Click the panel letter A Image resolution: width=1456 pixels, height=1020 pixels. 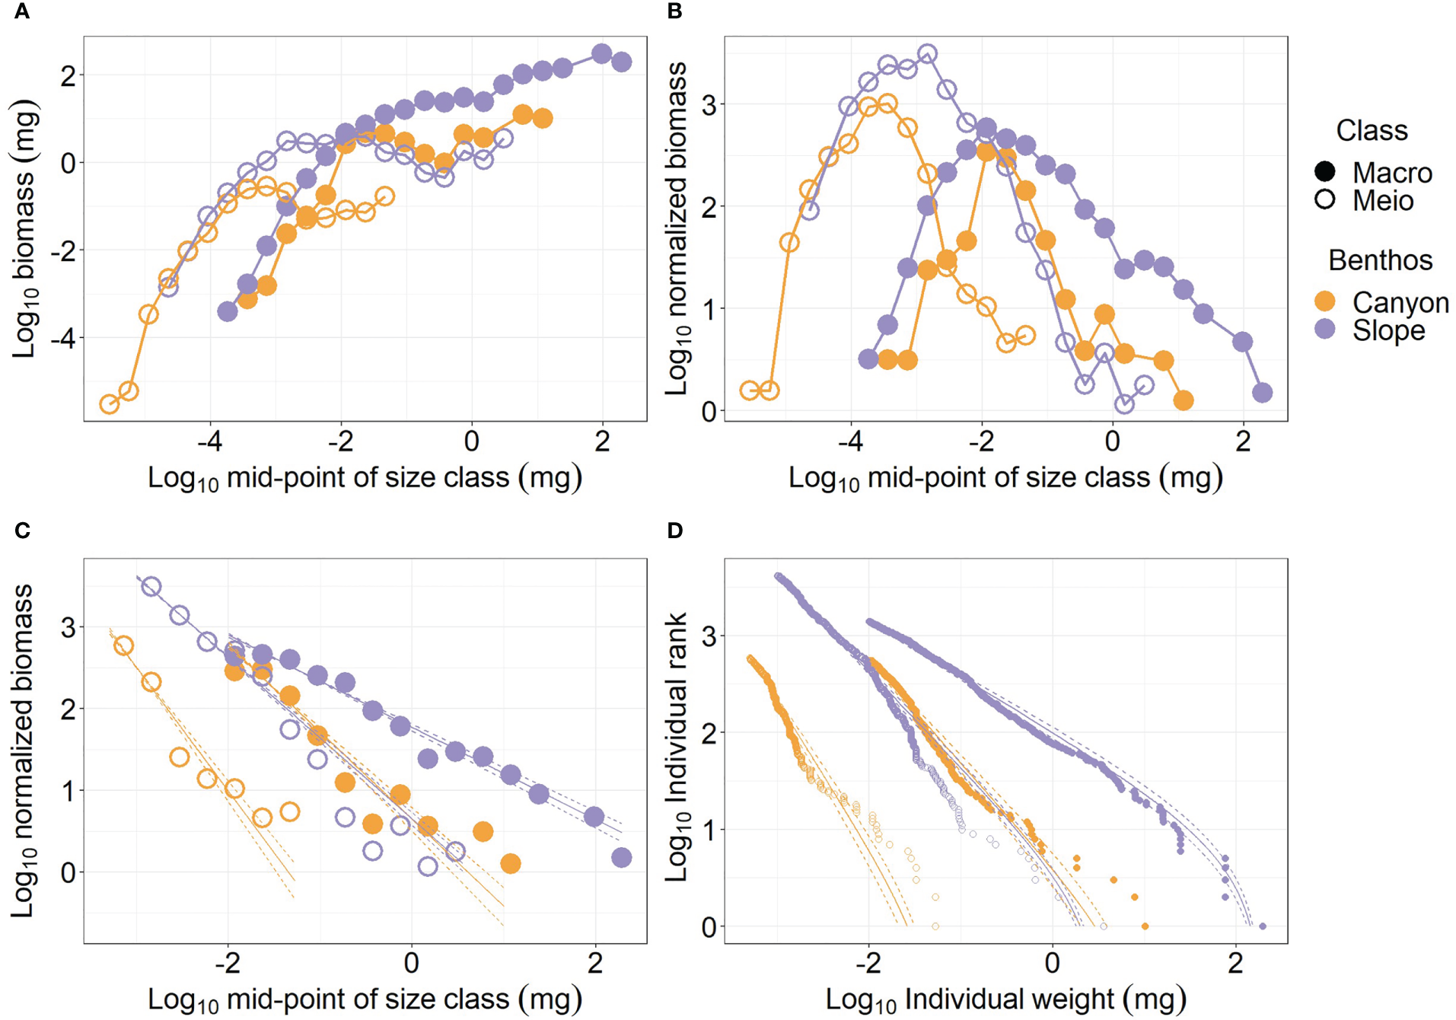coord(22,11)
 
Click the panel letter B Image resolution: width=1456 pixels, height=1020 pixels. coord(674,11)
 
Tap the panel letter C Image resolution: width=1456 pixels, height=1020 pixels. coord(22,531)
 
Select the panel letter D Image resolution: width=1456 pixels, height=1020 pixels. coord(675,531)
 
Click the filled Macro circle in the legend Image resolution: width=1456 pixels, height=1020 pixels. coord(1325,172)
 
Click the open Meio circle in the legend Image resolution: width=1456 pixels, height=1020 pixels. coord(1325,200)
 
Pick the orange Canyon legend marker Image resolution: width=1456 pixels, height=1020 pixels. coord(1325,301)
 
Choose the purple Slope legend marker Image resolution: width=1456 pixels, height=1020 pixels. coord(1325,330)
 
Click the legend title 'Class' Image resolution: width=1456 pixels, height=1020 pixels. coord(1372,131)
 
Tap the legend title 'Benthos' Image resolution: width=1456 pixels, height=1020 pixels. coord(1380,260)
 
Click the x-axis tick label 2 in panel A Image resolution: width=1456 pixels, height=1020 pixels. coord(602,441)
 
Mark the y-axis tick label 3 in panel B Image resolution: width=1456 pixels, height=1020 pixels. coord(709,104)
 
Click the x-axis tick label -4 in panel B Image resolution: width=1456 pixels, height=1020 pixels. coord(851,441)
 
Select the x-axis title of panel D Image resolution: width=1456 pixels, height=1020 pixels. coord(1005,999)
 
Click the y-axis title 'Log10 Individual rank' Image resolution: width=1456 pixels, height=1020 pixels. coord(677,748)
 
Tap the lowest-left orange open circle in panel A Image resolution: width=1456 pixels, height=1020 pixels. coord(110,404)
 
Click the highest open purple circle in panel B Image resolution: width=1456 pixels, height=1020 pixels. coord(927,54)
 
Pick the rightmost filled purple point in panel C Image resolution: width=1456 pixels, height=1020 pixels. coord(622,858)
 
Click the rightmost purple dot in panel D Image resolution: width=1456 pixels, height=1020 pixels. coord(1263,926)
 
